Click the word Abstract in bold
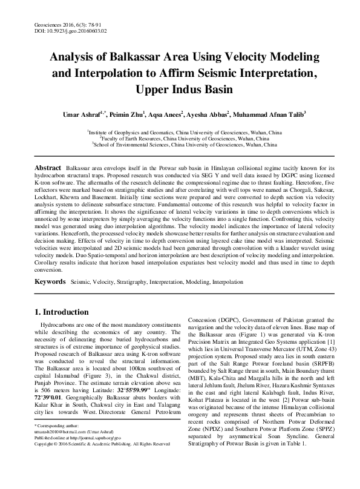[x=47, y=166]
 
